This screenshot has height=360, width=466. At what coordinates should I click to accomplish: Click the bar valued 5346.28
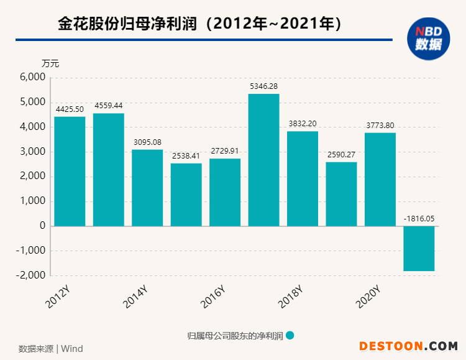click(263, 160)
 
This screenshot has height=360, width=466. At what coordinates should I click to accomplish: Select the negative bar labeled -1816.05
click(419, 249)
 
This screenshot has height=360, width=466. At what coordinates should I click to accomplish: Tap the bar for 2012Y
click(70, 172)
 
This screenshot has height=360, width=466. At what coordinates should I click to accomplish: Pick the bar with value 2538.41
click(186, 195)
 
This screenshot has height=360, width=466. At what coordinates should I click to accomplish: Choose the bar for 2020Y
click(380, 180)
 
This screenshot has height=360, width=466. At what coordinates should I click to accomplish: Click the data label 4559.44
click(109, 106)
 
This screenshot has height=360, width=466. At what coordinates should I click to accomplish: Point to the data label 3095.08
click(147, 142)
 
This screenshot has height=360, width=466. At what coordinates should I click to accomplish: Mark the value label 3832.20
click(303, 124)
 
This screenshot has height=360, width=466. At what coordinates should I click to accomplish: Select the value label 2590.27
click(341, 155)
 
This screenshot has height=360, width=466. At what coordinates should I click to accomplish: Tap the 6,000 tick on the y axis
click(34, 77)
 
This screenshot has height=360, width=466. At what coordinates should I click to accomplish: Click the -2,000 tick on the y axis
click(32, 275)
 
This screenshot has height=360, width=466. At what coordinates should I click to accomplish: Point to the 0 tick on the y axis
click(42, 226)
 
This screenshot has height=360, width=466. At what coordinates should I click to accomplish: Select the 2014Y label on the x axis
click(135, 297)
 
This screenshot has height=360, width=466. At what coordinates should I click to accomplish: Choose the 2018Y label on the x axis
click(290, 297)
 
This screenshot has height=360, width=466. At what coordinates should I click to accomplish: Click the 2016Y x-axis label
click(212, 297)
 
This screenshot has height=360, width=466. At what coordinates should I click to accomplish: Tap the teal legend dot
click(290, 335)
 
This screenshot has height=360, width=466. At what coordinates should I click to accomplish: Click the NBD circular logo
click(428, 39)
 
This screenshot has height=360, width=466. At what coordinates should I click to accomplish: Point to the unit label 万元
click(50, 63)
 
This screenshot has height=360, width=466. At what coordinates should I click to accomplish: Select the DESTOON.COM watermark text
click(408, 346)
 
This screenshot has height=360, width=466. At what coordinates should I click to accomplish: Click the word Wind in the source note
click(72, 348)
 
